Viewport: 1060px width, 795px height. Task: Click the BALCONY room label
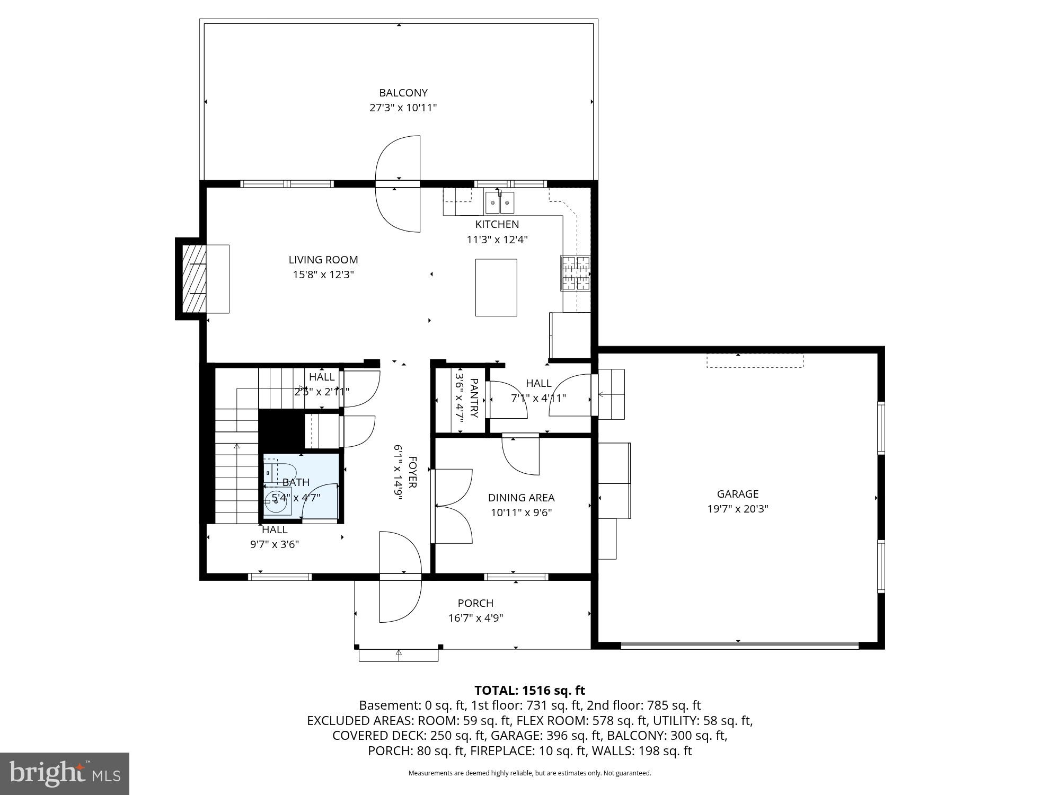[x=403, y=93]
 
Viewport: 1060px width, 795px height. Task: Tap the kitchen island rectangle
[x=496, y=287]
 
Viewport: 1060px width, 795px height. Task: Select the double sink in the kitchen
[x=500, y=202]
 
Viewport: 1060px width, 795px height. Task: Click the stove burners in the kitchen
[x=576, y=273]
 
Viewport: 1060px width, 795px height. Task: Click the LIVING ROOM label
[x=323, y=260]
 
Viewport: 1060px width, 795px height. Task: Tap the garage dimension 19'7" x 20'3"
[x=738, y=509]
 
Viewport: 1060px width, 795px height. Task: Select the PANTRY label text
[x=474, y=398]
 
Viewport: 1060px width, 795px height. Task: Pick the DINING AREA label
[x=521, y=498]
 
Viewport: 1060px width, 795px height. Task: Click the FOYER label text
[x=412, y=472]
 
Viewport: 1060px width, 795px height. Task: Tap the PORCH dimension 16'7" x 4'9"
[x=475, y=618]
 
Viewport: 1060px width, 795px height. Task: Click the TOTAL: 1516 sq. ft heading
[x=529, y=690]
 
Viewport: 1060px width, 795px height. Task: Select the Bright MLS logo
[x=65, y=773]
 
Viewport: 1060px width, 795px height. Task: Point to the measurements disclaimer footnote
[x=529, y=773]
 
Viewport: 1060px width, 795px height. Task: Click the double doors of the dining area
[x=452, y=506]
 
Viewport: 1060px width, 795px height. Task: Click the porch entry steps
[x=399, y=655]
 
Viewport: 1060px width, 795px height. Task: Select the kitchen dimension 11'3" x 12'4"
[x=497, y=239]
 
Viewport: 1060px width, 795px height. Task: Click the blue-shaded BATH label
[x=296, y=482]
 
